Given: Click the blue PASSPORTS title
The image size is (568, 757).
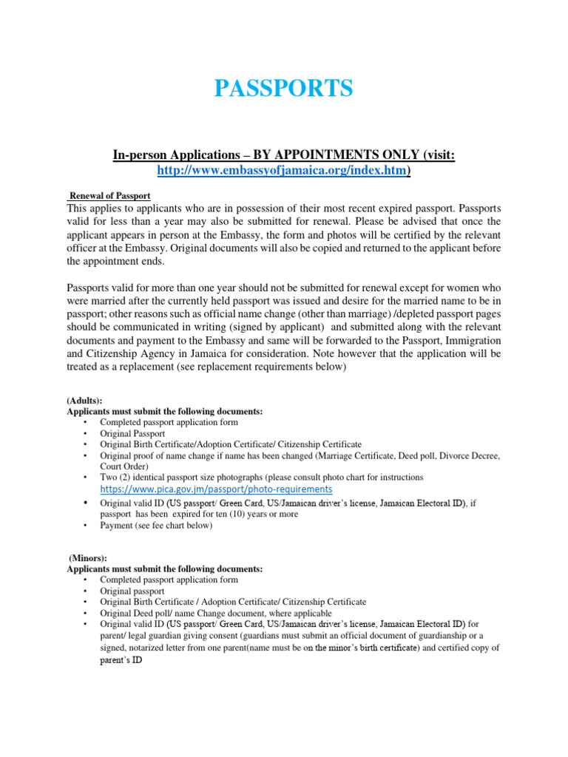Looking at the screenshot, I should click(283, 89).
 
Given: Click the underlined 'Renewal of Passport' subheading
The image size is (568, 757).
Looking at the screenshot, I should click(109, 196).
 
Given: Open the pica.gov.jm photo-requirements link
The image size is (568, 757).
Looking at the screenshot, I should click(216, 489).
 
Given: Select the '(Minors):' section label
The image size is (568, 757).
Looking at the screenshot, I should click(88, 558).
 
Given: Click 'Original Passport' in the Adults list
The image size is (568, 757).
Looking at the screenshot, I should click(132, 433).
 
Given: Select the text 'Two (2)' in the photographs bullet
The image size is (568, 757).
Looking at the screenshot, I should click(115, 478).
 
